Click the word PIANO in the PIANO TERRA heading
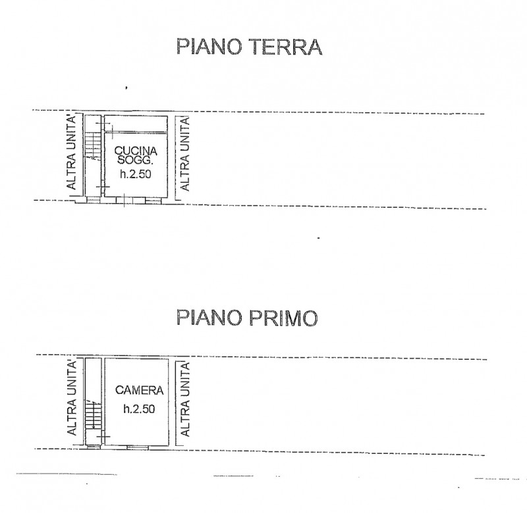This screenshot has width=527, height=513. (209, 47)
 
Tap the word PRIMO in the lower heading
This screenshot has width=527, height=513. (283, 318)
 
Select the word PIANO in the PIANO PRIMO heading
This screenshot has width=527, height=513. (209, 318)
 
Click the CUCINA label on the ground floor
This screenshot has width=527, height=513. (136, 151)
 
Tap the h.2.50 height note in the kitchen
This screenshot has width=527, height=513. (136, 174)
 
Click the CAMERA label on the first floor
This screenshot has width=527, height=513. (139, 390)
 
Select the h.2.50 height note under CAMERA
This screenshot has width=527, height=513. (139, 408)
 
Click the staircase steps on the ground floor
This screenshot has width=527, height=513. (93, 145)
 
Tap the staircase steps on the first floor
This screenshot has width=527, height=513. (93, 415)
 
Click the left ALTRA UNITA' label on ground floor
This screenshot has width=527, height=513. (71, 152)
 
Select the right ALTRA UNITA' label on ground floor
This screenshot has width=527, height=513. (185, 154)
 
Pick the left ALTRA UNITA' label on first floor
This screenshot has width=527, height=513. (71, 398)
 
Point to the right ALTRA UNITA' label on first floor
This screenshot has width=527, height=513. (185, 399)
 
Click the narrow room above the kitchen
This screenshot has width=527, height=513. (136, 124)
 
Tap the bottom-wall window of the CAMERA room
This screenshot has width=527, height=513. (137, 447)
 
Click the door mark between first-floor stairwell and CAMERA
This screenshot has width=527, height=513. (103, 437)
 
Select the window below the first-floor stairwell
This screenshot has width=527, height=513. (93, 447)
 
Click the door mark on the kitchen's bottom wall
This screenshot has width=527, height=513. (124, 201)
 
